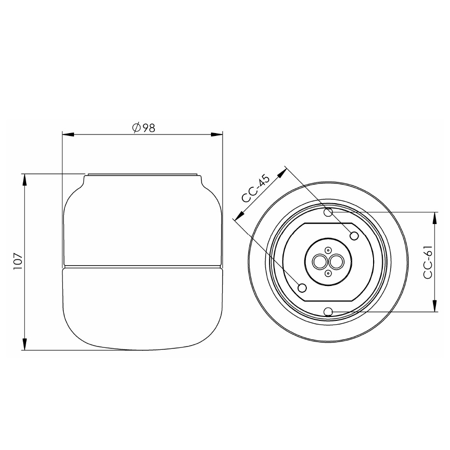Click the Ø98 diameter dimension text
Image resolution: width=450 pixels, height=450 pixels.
143,128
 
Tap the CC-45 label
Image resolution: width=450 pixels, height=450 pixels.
256,189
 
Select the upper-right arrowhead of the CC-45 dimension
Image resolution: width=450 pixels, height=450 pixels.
282,173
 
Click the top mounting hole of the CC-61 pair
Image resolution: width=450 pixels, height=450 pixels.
329,212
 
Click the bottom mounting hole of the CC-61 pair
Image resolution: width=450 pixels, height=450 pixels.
329,311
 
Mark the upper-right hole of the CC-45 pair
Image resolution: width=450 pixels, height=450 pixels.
354,236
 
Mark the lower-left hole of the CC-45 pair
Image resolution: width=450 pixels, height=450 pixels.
303,288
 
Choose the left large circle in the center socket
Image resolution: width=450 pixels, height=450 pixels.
320,262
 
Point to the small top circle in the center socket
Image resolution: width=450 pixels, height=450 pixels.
328,250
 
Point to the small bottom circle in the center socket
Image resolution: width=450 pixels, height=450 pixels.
328,274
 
